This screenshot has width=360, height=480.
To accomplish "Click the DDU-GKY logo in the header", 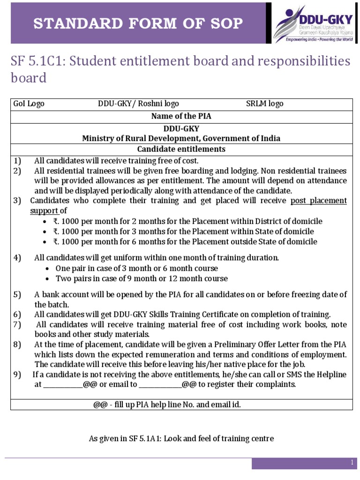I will (x=313, y=24).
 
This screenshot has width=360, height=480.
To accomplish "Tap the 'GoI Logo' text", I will (x=29, y=104).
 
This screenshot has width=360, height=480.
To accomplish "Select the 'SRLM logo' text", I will (x=264, y=104).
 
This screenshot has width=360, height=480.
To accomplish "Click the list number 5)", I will (x=17, y=294).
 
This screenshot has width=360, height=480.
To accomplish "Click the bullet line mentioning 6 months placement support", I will (x=185, y=242).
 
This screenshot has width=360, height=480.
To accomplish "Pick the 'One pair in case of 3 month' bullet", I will (x=136, y=268).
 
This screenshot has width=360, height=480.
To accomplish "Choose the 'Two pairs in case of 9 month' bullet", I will (x=142, y=278).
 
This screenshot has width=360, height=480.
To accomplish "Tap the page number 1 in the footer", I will (x=352, y=463).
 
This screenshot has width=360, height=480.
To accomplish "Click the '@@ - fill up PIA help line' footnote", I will (x=167, y=405).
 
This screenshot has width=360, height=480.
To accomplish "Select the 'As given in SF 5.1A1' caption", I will (x=181, y=439).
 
